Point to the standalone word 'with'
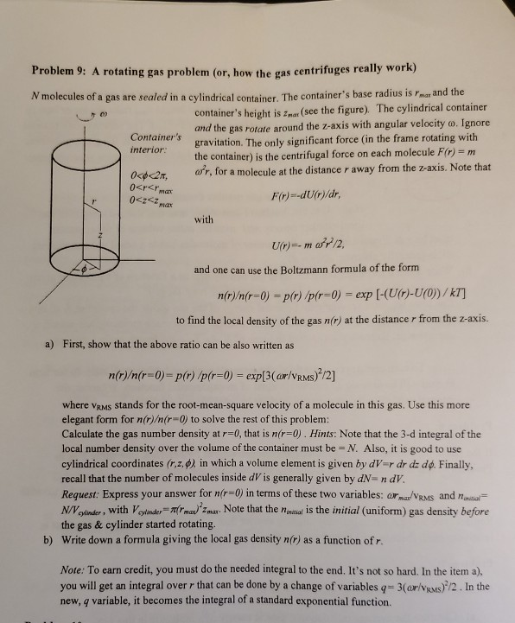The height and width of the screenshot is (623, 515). pyautogui.click(x=204, y=219)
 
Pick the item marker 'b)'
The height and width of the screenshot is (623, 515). pyautogui.click(x=48, y=541)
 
